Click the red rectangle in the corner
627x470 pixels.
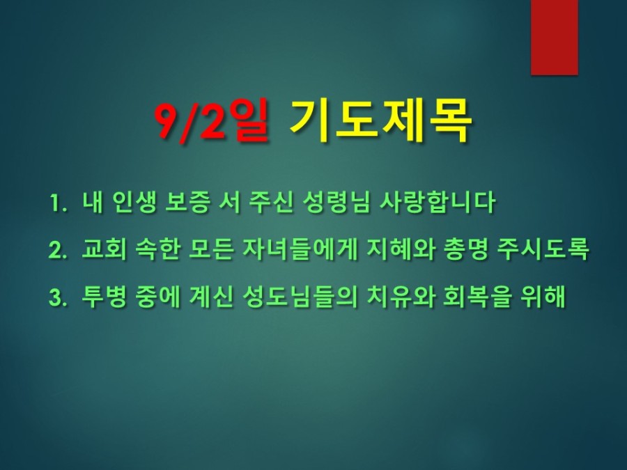[x=555, y=37]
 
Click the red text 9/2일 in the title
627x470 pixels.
[x=212, y=120]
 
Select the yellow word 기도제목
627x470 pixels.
[x=380, y=120]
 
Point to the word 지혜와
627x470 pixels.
[x=401, y=249]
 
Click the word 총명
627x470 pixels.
[x=466, y=249]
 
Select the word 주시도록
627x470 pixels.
[x=543, y=249]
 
